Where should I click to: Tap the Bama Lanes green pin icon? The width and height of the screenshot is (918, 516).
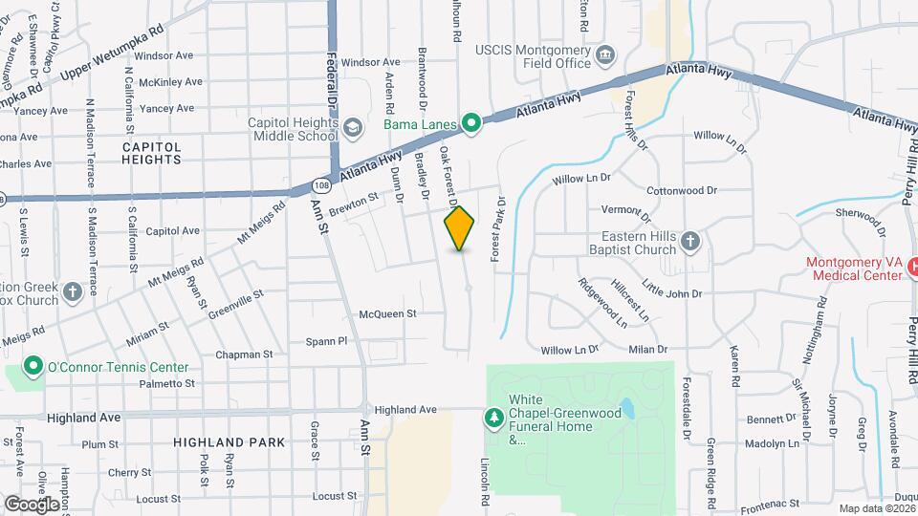pos(470,122)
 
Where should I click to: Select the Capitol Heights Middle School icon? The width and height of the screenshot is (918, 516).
pos(352,127)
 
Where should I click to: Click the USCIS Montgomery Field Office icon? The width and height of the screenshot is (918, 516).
pos(604,55)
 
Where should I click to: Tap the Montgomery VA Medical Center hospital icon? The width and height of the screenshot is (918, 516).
pos(911,267)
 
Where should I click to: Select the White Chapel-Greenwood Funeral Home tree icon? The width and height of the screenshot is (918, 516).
pos(493,418)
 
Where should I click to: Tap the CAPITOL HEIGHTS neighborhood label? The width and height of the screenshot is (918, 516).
pos(151,153)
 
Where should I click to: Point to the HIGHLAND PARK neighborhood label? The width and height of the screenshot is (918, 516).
pos(229,442)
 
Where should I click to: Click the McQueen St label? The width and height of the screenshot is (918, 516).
pos(387,313)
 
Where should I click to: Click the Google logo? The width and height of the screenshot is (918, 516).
pos(32,503)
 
